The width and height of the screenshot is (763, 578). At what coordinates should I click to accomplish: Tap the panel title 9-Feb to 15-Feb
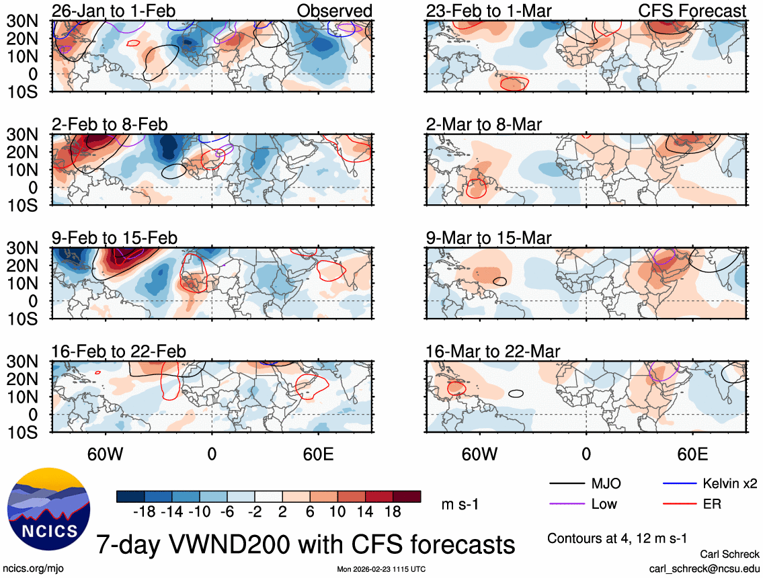point(114,238)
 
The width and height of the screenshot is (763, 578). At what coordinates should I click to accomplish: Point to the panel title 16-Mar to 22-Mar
point(493,352)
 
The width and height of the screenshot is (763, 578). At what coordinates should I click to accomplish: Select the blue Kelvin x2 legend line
point(679,483)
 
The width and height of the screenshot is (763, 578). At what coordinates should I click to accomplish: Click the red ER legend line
point(679,503)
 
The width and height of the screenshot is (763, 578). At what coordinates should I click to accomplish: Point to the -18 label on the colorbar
point(144,511)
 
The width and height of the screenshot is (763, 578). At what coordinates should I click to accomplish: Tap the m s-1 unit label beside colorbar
point(460,504)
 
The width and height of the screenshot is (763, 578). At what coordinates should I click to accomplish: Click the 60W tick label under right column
point(479,454)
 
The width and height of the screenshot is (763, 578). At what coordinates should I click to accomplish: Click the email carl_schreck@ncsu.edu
point(705,568)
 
